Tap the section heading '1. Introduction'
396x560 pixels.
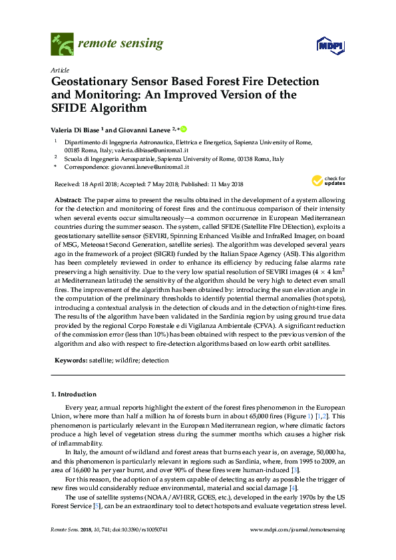tap(74, 394)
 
